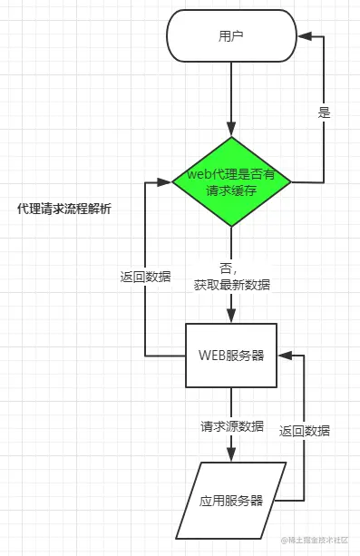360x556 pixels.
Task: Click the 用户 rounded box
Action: click(x=231, y=37)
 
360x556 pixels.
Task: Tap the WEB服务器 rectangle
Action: click(x=231, y=355)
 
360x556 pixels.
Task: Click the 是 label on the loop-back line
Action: click(x=324, y=113)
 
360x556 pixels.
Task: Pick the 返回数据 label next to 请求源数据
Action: click(x=305, y=431)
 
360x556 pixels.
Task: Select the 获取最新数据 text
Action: click(x=231, y=284)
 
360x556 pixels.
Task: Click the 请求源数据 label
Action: click(x=232, y=425)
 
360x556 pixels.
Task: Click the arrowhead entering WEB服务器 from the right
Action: click(x=285, y=355)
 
